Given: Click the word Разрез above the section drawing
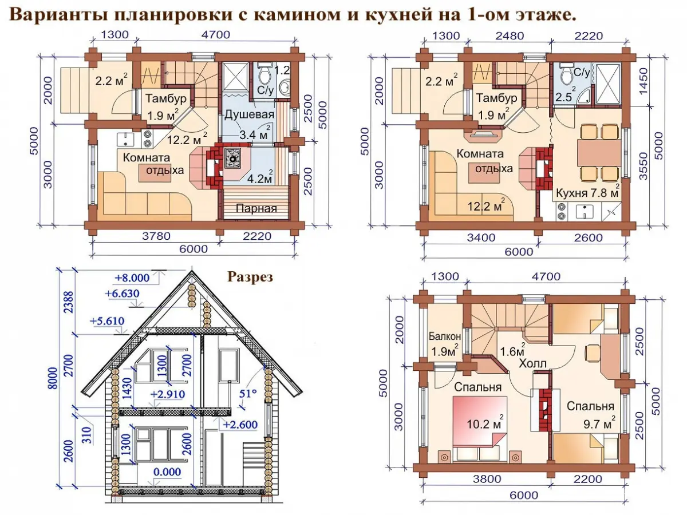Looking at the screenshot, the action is (250, 277).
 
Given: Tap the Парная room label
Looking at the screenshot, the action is (256, 208).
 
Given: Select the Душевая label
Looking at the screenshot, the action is (249, 114).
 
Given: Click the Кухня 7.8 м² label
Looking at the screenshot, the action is (587, 192).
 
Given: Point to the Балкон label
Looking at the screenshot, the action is (445, 336).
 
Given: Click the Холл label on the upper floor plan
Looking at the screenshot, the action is (532, 363).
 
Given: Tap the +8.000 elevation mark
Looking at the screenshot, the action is (132, 278).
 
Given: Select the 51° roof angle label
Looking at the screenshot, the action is (247, 393).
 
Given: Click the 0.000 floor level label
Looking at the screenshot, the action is (167, 472).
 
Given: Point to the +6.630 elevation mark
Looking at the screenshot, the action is (122, 294).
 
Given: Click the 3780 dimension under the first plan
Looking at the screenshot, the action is (156, 236).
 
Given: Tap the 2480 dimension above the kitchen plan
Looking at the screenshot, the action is (510, 35).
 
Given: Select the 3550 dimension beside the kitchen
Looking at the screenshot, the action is (643, 166).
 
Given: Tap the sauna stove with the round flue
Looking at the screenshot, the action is (232, 159).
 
